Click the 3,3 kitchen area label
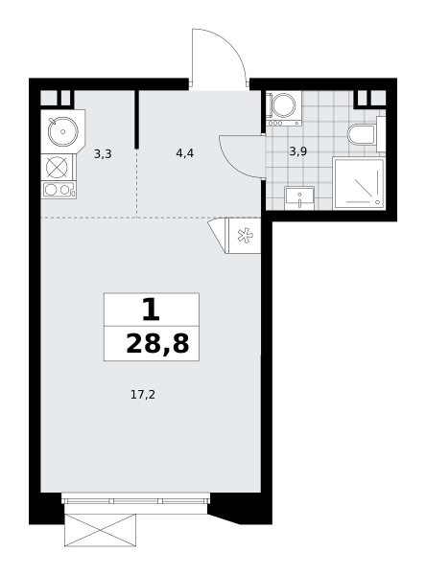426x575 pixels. tap(103, 154)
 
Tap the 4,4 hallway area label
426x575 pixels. tap(185, 153)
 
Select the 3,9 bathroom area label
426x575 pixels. tap(297, 151)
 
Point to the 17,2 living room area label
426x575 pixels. tap(143, 395)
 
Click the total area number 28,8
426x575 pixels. tap(157, 344)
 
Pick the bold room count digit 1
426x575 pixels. tap(151, 310)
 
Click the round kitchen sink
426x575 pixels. tap(63, 131)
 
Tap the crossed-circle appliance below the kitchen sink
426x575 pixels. tap(57, 168)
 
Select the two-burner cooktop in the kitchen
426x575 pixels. tap(59, 190)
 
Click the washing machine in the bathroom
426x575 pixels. tap(283, 108)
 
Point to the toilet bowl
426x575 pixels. tap(362, 134)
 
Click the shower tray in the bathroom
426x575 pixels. tap(359, 183)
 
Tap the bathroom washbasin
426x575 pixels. tap(299, 198)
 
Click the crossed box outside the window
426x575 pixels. tap(100, 530)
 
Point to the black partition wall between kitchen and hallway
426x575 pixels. tap(136, 119)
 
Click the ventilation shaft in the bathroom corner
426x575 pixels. tap(370, 99)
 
